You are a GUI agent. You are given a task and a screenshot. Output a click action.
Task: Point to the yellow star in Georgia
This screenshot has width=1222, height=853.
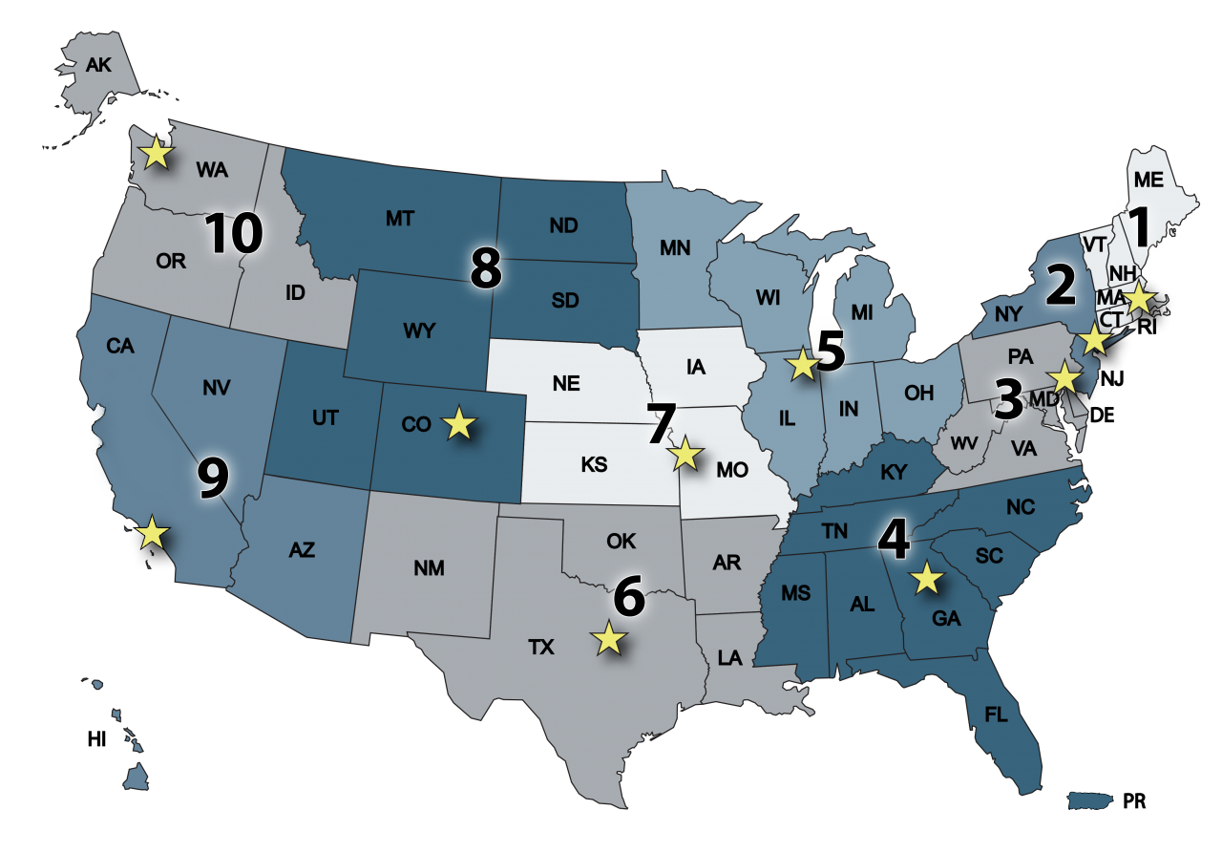click(x=924, y=578)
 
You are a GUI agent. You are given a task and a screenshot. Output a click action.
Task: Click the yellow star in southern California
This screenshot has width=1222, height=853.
click(x=152, y=532)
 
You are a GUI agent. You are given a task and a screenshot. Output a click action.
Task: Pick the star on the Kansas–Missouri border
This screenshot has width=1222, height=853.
click(x=685, y=454)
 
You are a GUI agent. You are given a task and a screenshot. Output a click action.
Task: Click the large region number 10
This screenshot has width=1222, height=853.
click(x=234, y=234)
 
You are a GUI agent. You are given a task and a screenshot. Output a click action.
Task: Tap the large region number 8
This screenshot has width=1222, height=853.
click(x=486, y=269)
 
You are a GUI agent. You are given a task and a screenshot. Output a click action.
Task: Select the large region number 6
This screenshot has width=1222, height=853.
click(x=630, y=596)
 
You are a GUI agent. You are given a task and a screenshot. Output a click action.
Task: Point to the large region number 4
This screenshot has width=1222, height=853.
click(x=894, y=540)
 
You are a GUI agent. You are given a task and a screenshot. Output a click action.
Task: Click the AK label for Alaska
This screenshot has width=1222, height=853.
click(x=98, y=65)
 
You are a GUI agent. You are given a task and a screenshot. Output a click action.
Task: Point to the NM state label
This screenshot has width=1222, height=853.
click(x=430, y=568)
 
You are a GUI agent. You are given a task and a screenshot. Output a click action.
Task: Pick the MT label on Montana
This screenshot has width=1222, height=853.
click(x=399, y=219)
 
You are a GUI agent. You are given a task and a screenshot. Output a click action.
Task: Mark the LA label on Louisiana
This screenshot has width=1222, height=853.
click(x=729, y=657)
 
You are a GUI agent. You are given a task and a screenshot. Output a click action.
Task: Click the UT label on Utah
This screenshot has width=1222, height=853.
click(x=326, y=417)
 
